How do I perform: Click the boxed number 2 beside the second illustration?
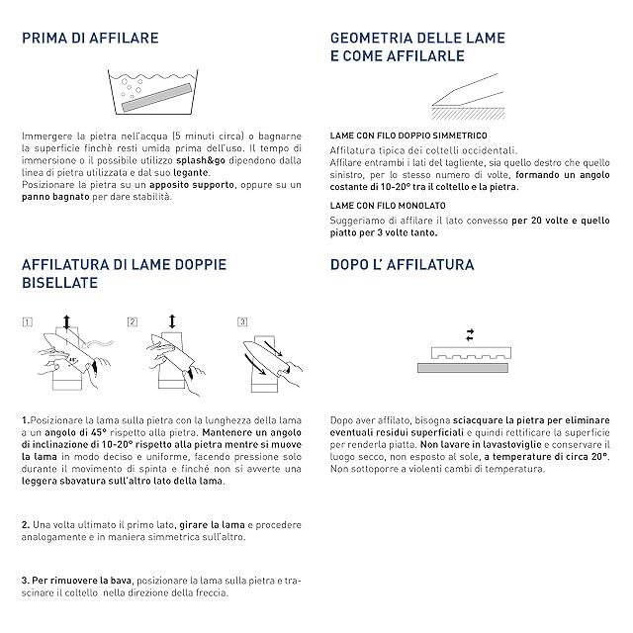tap(132, 321)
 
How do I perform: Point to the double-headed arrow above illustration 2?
tap(173, 321)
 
